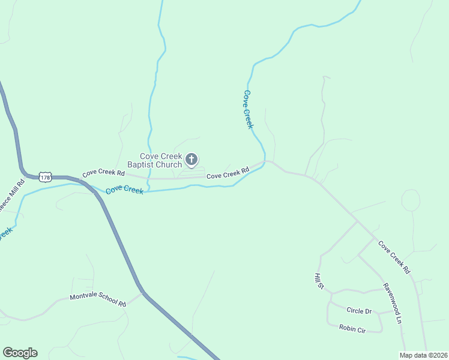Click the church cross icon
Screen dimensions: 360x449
tap(191, 159)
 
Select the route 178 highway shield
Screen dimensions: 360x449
tap(45, 177)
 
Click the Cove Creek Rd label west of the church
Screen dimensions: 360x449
tap(103, 173)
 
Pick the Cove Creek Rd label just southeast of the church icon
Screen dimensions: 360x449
tap(228, 174)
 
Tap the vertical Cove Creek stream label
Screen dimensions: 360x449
tap(248, 109)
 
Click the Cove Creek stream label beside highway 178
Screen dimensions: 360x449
tap(124, 191)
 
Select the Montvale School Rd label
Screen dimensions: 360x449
tap(98, 300)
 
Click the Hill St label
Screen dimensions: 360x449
tap(319, 280)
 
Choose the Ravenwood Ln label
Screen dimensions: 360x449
tap(391, 303)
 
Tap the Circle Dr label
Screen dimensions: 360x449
tap(359, 311)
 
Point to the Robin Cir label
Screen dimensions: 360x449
tap(352, 328)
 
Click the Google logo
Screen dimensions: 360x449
tap(20, 353)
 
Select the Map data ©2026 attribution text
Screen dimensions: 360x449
tap(423, 355)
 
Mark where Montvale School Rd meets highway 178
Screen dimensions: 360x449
tap(142, 293)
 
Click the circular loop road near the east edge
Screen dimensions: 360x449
tap(411, 200)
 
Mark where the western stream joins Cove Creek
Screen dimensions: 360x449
tap(148, 191)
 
